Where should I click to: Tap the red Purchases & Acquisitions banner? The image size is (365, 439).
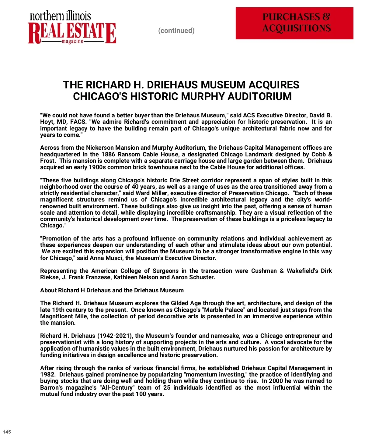(294, 23)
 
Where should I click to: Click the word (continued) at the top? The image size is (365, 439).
(176, 30)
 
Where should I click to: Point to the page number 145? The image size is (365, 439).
(7, 432)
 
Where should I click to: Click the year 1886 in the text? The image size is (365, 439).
(108, 154)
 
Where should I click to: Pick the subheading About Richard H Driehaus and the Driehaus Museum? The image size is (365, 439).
(112, 290)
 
